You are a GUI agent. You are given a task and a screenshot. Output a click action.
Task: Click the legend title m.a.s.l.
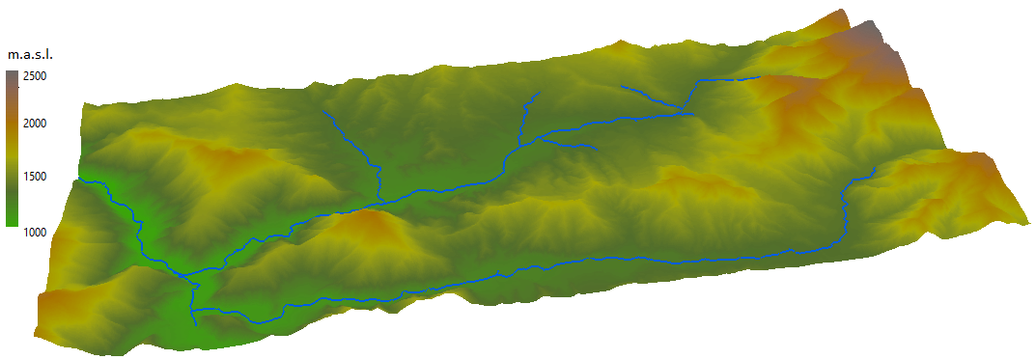(29, 55)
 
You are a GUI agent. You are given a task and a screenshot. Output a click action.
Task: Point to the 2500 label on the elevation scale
(37, 75)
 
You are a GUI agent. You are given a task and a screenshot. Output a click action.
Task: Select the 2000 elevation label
(37, 123)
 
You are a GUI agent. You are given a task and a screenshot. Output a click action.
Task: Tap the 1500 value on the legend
(37, 176)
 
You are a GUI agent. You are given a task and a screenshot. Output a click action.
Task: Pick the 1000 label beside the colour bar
(37, 232)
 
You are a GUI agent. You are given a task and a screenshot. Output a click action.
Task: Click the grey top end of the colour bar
(11, 76)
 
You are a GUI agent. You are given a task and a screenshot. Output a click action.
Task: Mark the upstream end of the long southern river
(875, 170)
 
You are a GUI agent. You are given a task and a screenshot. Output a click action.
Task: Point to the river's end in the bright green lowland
(79, 180)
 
